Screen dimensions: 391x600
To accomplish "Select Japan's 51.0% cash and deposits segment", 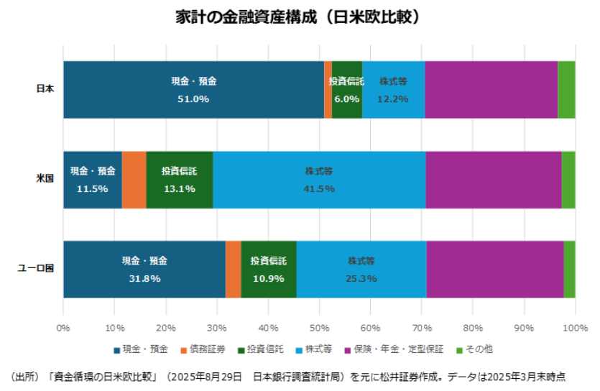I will point(193,90).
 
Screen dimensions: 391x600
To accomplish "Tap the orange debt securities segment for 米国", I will point(134,180).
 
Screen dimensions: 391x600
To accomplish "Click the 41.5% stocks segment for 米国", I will point(319,180).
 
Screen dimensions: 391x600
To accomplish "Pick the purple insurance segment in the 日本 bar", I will point(491,90).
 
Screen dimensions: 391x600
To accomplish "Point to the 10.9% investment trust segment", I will point(269,270).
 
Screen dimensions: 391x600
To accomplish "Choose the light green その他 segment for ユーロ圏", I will point(569,270).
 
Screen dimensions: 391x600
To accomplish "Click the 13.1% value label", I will point(180,189).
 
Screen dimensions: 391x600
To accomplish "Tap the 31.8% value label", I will point(144,279).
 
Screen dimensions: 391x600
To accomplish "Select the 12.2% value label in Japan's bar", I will point(393,99).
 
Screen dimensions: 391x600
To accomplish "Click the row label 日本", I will point(45,90).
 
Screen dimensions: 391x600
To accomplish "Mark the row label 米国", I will point(45,180).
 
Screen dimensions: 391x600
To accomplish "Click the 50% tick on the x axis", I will point(319,328).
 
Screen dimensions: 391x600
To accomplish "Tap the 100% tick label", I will point(575,328).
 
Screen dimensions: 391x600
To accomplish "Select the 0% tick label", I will point(63,328).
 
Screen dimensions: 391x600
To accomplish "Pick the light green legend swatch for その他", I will point(461,350).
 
